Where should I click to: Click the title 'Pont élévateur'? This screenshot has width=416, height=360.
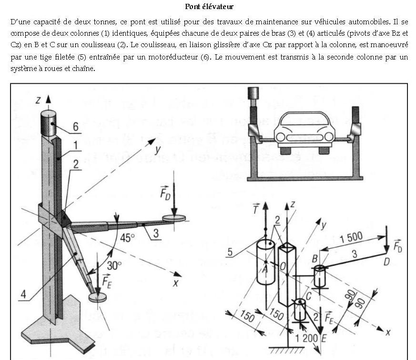pos(209,7)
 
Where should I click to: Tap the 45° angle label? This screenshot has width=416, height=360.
pos(127,238)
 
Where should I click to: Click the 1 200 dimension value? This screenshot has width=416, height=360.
pos(306,338)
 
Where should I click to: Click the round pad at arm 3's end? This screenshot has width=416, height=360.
pos(174,218)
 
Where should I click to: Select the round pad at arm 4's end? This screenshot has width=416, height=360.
pos(98,297)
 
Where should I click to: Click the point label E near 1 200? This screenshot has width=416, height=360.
pos(324,339)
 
